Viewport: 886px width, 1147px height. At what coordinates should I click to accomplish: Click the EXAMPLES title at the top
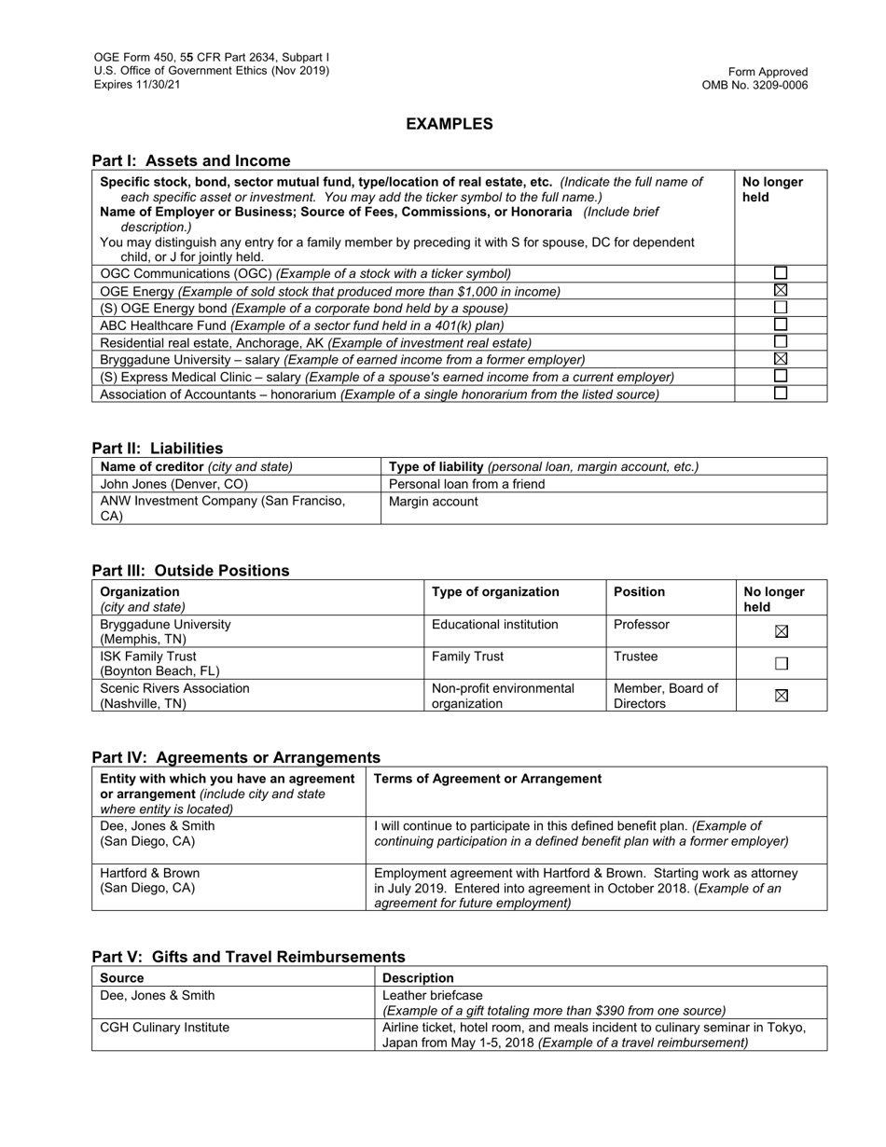pyautogui.click(x=449, y=124)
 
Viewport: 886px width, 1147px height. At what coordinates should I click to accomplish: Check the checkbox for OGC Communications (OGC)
pyautogui.click(x=781, y=273)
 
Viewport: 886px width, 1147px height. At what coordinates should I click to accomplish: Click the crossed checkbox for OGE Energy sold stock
pyautogui.click(x=781, y=291)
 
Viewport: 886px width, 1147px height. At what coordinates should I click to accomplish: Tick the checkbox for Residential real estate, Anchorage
pyautogui.click(x=781, y=342)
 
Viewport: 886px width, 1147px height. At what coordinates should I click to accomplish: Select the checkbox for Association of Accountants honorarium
pyautogui.click(x=781, y=394)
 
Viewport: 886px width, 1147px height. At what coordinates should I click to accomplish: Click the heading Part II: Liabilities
pyautogui.click(x=158, y=448)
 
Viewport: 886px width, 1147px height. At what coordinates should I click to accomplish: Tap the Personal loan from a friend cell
pyautogui.click(x=466, y=484)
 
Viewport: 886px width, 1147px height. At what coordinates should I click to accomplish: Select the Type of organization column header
pyautogui.click(x=495, y=591)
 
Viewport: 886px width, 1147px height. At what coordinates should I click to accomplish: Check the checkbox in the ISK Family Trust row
pyautogui.click(x=782, y=664)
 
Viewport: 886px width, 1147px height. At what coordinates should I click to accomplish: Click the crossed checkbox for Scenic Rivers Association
pyautogui.click(x=782, y=696)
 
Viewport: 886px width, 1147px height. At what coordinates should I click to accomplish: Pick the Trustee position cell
pyautogui.click(x=635, y=656)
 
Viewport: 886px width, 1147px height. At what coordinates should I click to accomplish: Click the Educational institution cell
pyautogui.click(x=494, y=624)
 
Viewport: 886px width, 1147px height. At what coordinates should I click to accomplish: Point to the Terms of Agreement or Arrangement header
pyautogui.click(x=488, y=779)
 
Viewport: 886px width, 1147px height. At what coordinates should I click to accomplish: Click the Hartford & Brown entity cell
pyautogui.click(x=149, y=880)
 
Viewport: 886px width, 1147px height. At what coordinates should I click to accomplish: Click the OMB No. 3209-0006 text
pyautogui.click(x=754, y=86)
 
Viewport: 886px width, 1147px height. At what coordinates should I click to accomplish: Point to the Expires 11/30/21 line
pyautogui.click(x=137, y=85)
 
